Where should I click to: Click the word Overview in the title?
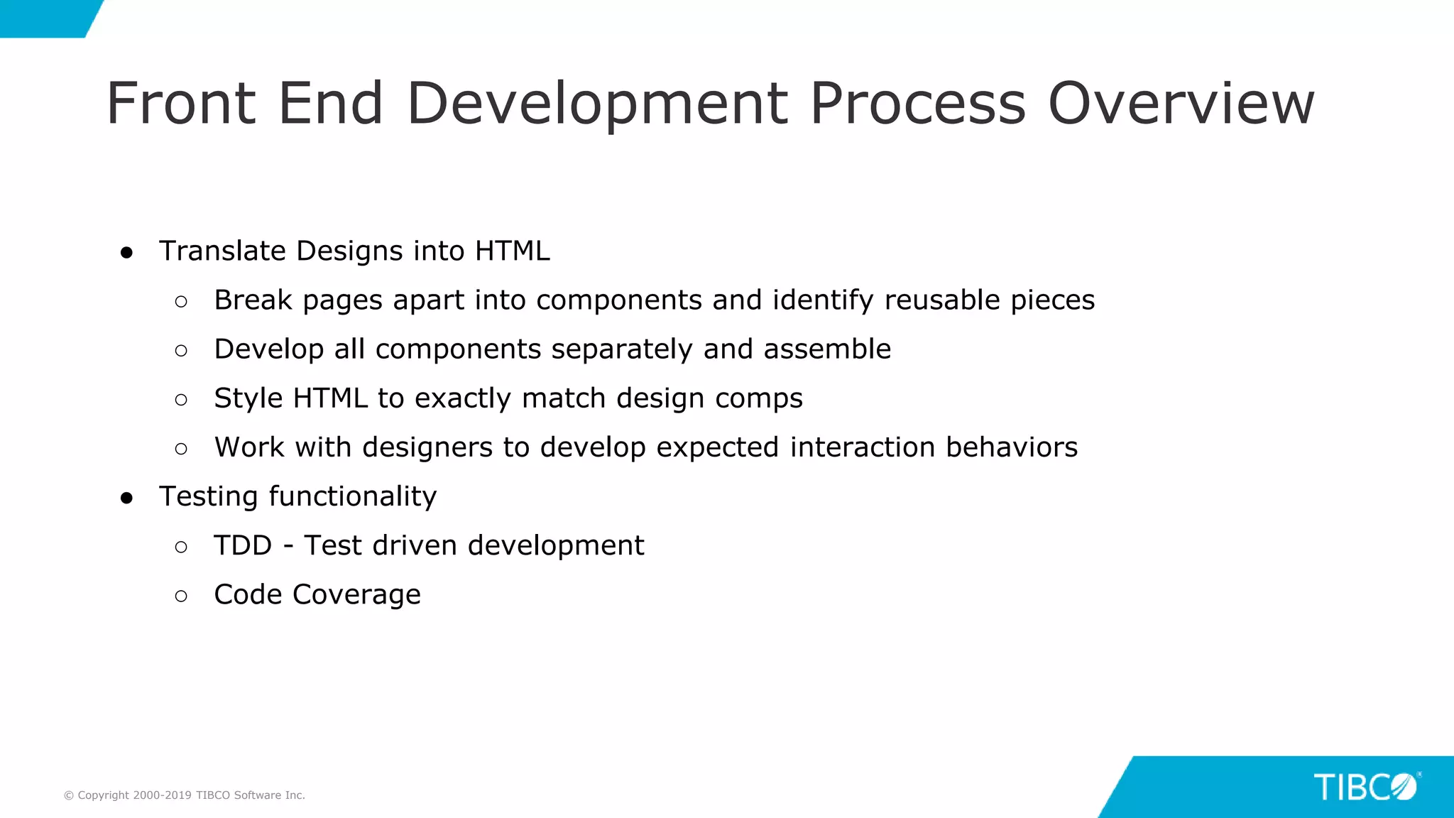(x=1181, y=104)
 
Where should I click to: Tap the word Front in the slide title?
(x=181, y=104)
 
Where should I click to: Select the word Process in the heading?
(x=917, y=104)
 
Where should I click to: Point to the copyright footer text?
(x=185, y=795)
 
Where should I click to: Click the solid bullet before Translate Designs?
(x=127, y=253)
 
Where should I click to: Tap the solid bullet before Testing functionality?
(x=127, y=498)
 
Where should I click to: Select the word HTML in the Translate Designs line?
(x=512, y=251)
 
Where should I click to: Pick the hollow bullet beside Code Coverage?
(x=181, y=596)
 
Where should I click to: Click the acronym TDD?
(x=243, y=545)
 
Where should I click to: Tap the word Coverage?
(x=356, y=595)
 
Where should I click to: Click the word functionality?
(x=352, y=496)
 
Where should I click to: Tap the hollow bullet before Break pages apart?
(x=181, y=302)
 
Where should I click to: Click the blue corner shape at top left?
(x=43, y=17)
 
